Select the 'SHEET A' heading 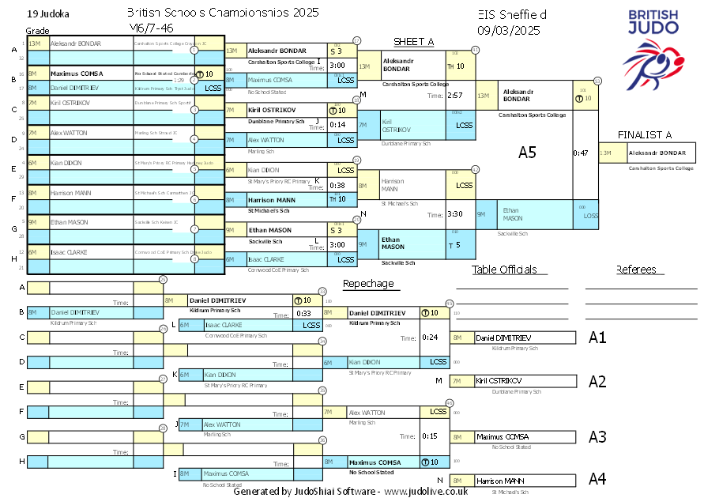click(414, 42)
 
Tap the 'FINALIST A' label click(645, 134)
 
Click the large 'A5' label click(527, 153)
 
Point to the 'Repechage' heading click(367, 284)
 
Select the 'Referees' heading click(636, 270)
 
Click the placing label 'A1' click(597, 338)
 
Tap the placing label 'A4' click(597, 478)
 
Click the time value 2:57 click(454, 96)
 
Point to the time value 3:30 click(454, 214)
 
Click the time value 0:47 click(581, 153)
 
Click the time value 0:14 click(337, 125)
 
